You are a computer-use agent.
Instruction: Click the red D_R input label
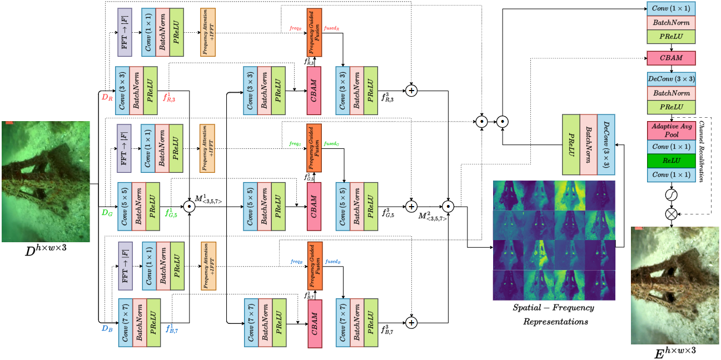click(107, 98)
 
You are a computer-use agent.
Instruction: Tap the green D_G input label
click(107, 212)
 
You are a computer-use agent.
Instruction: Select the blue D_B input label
click(107, 328)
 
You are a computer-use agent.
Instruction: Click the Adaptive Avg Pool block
click(671, 131)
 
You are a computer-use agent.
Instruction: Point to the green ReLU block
click(671, 160)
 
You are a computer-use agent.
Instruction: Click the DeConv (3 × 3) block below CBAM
click(671, 79)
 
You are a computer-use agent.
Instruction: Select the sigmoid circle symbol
click(671, 194)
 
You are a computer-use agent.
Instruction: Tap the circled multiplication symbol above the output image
click(671, 213)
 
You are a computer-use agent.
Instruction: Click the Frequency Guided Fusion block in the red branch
click(314, 33)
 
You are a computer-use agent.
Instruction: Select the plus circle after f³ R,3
click(411, 90)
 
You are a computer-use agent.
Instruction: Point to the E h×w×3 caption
click(675, 352)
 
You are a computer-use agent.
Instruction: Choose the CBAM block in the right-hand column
click(671, 57)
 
